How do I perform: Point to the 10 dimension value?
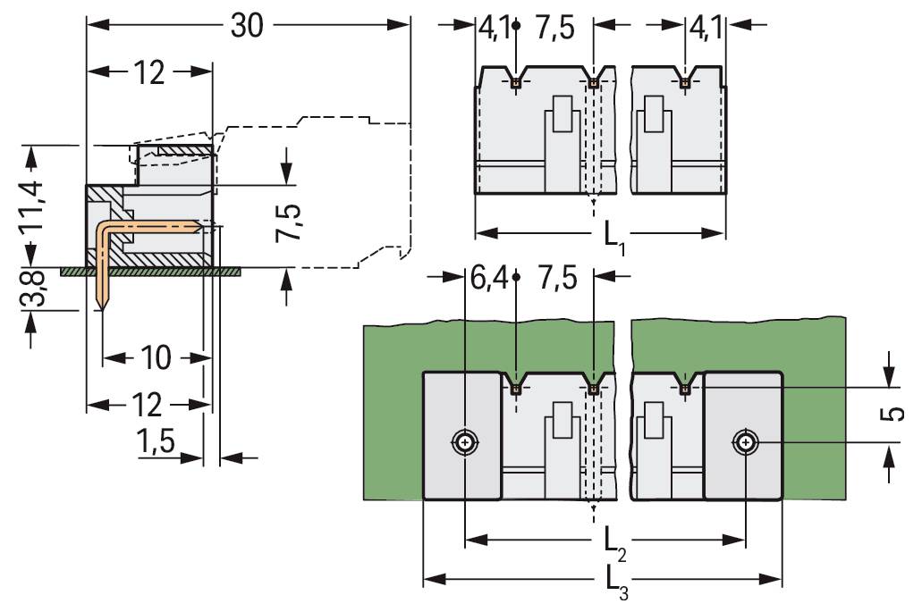pos(156,359)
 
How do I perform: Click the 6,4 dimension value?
pos(488,278)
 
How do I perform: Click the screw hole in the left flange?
pos(465,442)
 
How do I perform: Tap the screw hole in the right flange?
pos(745,442)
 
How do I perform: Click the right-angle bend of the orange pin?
pos(105,229)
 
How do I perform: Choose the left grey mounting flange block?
pos(461,435)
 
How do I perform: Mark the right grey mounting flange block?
pos(744,435)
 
